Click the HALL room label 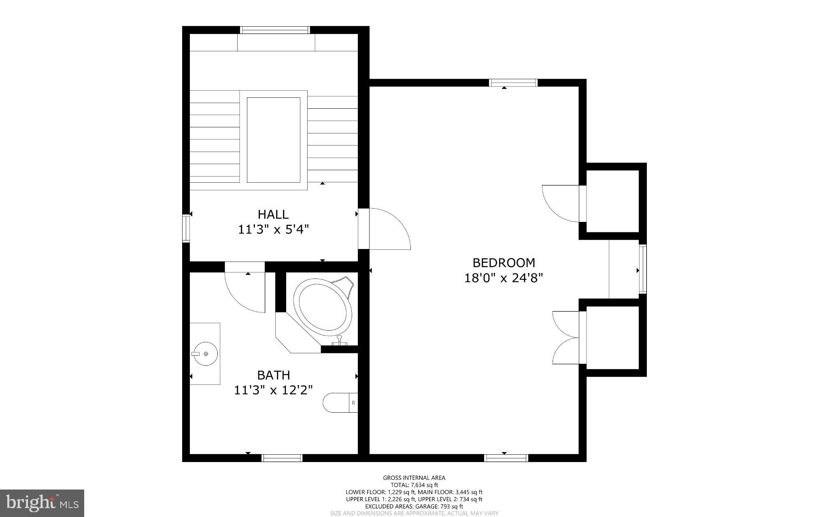273,214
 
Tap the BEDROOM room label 504,263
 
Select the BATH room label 274,375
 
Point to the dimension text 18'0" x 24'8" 504,278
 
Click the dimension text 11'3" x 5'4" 273,230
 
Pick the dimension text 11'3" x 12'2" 274,390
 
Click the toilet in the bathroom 339,403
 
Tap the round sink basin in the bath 205,354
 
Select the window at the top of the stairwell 275,30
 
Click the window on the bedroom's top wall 513,83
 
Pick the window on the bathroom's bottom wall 282,458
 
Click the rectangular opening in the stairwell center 273,140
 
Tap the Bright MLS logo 42,503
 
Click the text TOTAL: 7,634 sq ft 414,485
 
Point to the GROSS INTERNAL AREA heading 414,478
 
